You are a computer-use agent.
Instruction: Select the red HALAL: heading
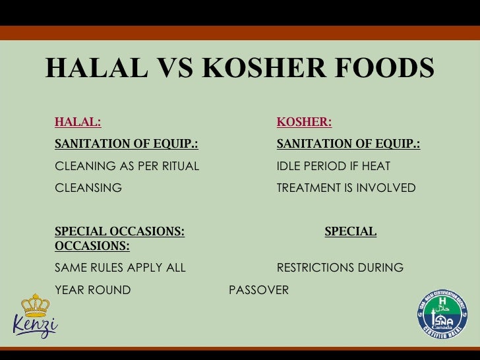pos(78,122)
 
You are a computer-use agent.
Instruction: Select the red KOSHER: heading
pos(304,122)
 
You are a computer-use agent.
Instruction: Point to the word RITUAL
pos(177,166)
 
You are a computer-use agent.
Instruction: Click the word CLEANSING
pos(88,188)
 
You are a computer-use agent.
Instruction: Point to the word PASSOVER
pos(258,290)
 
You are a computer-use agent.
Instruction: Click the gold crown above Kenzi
pos(36,305)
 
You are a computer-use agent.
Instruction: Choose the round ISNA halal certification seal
pos(442,315)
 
